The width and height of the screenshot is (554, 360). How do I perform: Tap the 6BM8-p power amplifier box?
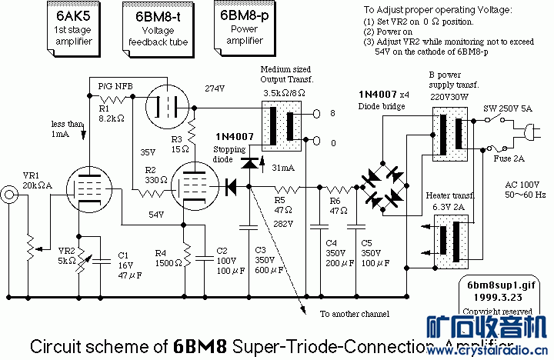coord(242,28)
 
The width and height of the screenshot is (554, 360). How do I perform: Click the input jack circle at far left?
coord(11,194)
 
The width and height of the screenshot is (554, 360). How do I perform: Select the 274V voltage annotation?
coord(215,88)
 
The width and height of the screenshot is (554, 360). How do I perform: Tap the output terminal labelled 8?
coord(333,113)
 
